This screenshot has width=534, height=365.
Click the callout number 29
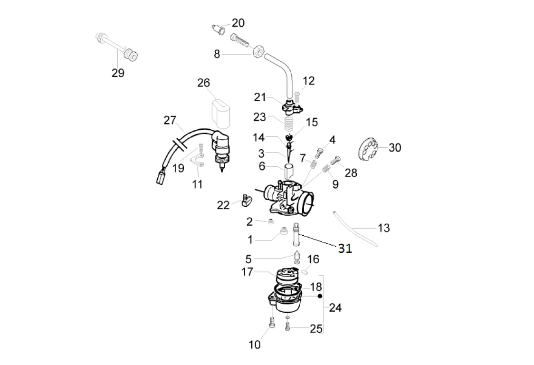(117, 73)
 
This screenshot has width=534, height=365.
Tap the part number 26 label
(203, 83)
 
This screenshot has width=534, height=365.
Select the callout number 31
(345, 248)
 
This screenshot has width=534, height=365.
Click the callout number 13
(383, 228)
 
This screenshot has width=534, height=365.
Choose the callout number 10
(255, 345)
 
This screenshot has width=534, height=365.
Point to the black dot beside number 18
(320, 296)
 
